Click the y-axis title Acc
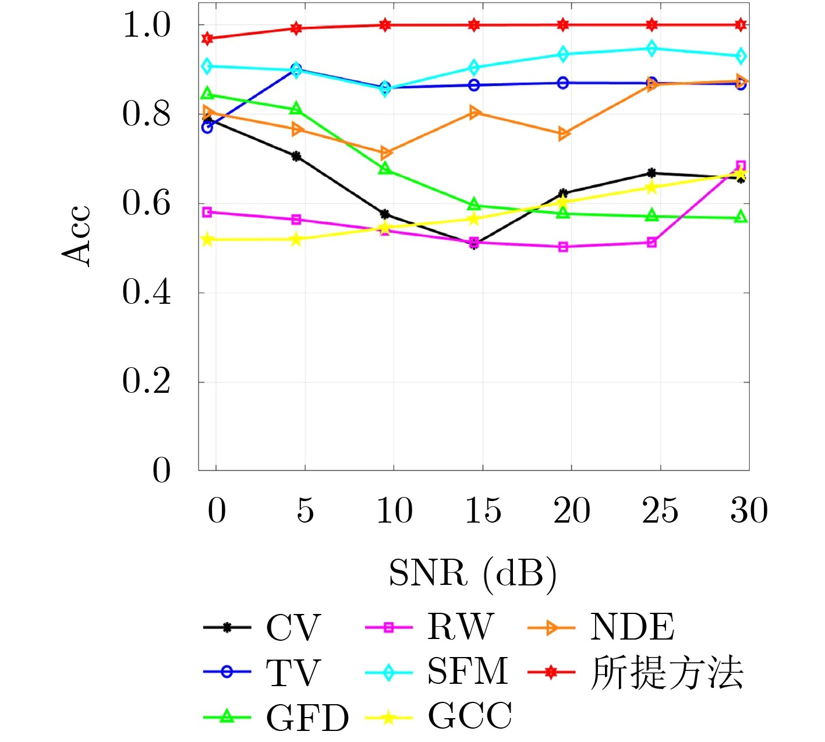tap(76, 236)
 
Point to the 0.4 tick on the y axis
tap(147, 292)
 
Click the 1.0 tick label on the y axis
tap(147, 25)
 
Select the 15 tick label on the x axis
tap(483, 511)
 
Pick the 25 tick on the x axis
tap(660, 511)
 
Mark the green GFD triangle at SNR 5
tap(296, 109)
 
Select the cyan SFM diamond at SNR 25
tap(652, 48)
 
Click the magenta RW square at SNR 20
tap(563, 247)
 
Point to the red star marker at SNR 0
tap(207, 38)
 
